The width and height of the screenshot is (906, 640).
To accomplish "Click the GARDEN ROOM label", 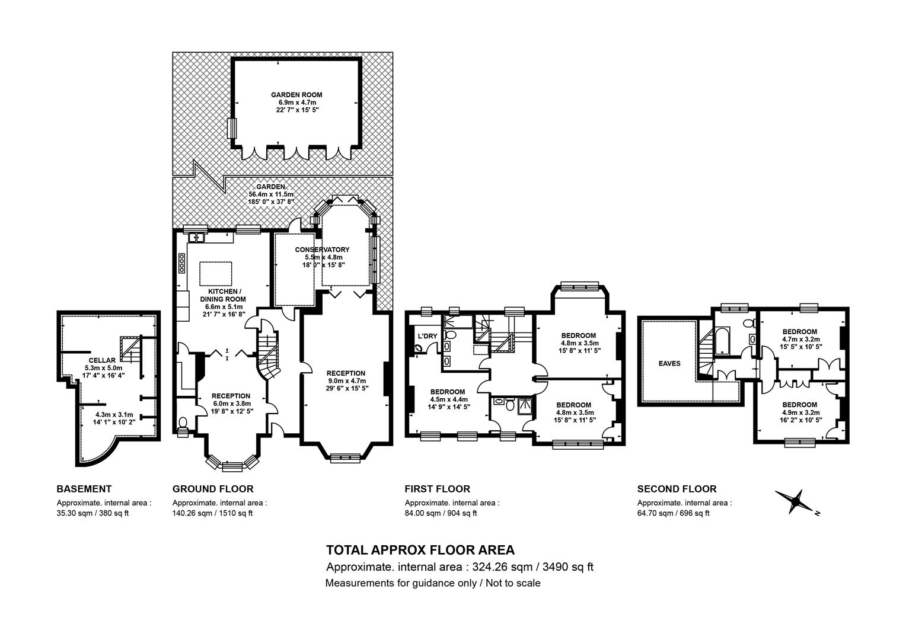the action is [x=296, y=95].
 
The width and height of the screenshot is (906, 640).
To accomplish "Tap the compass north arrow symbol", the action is [x=795, y=502].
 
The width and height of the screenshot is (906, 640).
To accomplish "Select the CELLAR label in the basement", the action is [x=102, y=360].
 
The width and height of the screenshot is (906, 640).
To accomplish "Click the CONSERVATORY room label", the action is [x=322, y=250].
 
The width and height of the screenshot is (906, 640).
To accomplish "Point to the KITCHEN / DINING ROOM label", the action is [x=223, y=296].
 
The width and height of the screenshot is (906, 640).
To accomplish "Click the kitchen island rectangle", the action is [x=216, y=274].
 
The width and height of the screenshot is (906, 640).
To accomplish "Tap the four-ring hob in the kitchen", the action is [x=181, y=263].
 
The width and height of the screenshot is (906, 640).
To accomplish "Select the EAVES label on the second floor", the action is [x=669, y=363].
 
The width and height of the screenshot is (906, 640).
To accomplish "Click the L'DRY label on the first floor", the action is [x=428, y=336].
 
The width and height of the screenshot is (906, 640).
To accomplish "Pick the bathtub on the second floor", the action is [x=722, y=341].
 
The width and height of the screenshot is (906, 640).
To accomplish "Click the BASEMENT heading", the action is [x=84, y=489].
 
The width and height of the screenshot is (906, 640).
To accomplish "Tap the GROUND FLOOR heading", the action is [x=213, y=489].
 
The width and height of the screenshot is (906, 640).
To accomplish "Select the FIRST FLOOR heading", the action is [x=437, y=489].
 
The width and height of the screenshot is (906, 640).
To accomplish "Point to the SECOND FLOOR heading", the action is [x=677, y=489].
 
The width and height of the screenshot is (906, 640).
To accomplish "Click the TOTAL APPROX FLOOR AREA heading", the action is [x=420, y=551].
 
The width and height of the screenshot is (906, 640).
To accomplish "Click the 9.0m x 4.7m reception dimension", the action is [x=346, y=381].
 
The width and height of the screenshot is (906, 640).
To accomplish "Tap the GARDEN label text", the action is [x=270, y=187].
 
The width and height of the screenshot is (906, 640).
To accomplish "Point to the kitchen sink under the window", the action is [x=197, y=237].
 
